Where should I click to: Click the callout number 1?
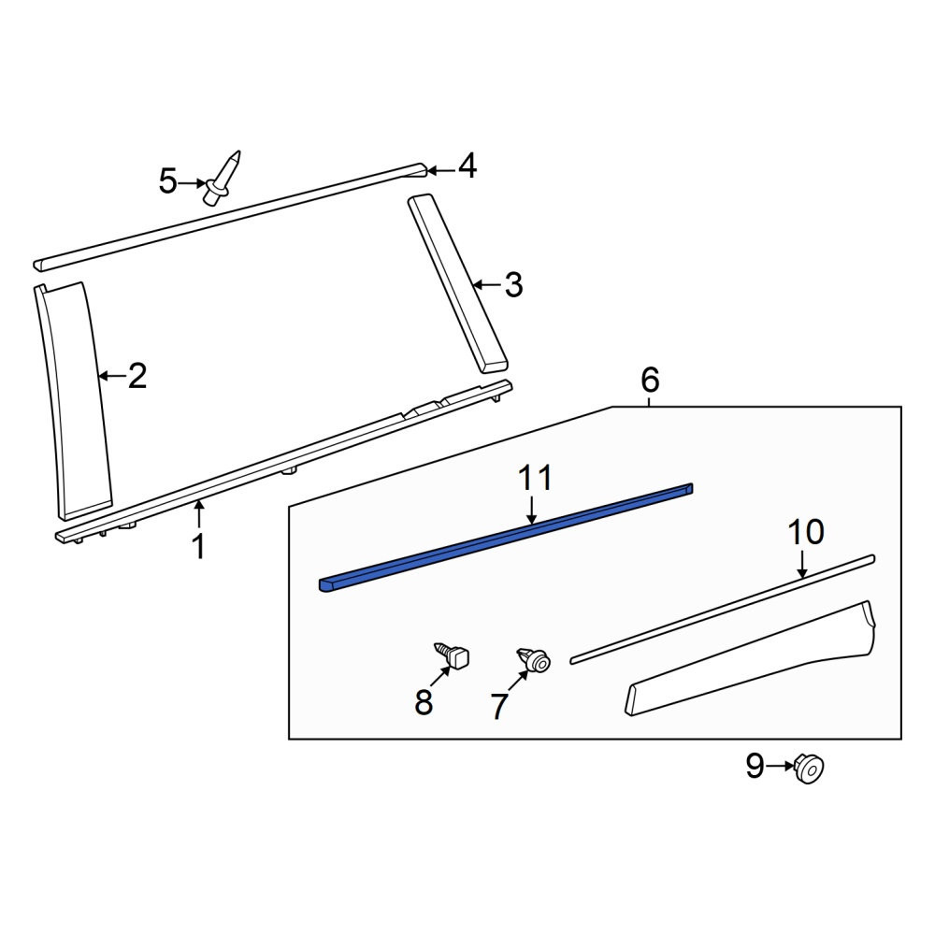pos(199,546)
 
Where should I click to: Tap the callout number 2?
pos(137,376)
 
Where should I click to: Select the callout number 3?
pos(512,285)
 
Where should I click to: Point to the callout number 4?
pos(467,165)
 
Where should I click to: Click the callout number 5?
pos(168,181)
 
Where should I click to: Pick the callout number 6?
pos(650,380)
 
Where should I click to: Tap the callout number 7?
pos(498,707)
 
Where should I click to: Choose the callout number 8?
pos(424,702)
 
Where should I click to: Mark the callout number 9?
pos(755,766)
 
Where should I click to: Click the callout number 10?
pos(806,532)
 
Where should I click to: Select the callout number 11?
pos(535,478)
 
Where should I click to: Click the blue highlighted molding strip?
pos(507,534)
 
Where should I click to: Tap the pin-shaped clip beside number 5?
pos(223,178)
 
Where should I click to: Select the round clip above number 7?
pos(534,659)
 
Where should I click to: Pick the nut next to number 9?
pos(808,768)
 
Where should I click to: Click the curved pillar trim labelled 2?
pos(73,401)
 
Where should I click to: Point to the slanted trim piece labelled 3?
pos(457,282)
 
